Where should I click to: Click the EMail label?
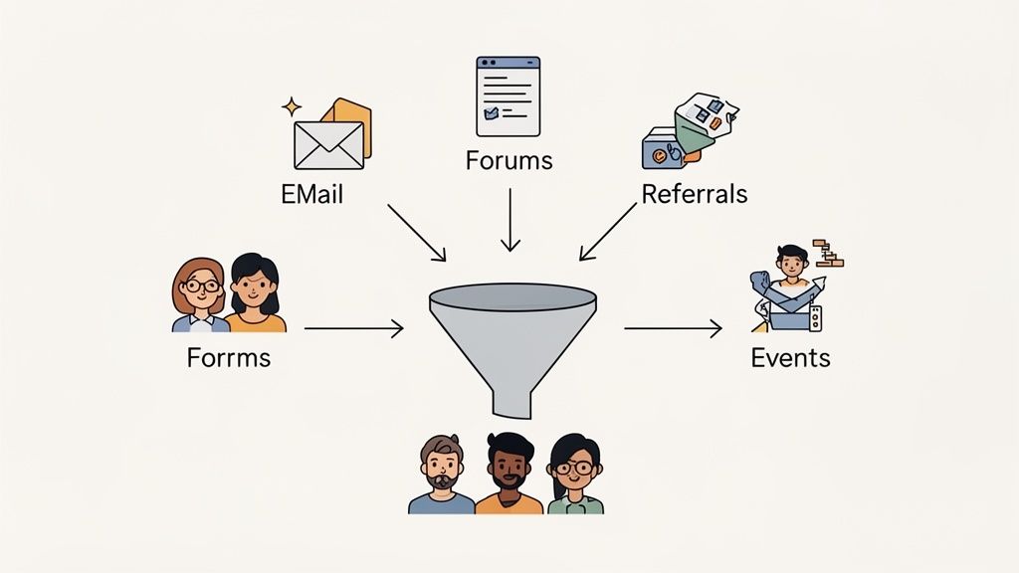point(311,193)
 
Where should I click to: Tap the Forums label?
point(509,160)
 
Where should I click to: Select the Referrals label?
point(694,193)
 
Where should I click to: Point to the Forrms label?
point(228,356)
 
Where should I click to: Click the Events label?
point(790,356)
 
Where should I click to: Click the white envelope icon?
point(328,145)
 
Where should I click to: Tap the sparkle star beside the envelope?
point(292,105)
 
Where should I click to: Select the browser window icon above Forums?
point(508,96)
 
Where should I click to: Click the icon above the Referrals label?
point(688,130)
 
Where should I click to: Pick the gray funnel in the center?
point(511,338)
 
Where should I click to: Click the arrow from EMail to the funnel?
point(417,233)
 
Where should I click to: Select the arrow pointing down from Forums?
point(509,220)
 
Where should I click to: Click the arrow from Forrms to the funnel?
point(353,328)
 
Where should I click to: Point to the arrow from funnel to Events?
point(673,328)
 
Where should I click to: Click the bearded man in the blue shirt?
point(442,476)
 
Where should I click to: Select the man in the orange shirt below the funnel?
point(509,476)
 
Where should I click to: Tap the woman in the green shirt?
point(574,476)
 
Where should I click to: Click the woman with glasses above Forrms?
point(200,294)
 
